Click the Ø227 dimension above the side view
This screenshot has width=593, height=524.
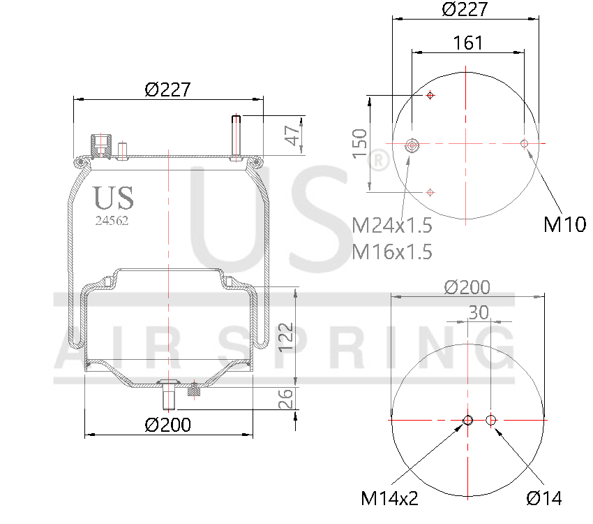coord(167,89)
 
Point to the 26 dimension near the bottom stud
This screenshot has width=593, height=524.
coord(285,399)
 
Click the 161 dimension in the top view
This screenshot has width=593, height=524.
coord(467,43)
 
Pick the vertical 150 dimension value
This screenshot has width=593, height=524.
coord(359,143)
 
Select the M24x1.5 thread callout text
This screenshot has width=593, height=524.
coord(392,226)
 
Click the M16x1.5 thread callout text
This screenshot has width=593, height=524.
coord(392,251)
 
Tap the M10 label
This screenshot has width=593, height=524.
coord(564,224)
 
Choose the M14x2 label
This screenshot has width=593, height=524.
coord(389,498)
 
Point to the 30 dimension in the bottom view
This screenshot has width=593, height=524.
coord(478,312)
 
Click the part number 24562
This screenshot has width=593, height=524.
coord(112,219)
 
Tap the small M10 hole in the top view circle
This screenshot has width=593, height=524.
coord(524,144)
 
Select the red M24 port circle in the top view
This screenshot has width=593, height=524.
coord(412,145)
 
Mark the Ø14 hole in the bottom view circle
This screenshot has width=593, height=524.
coord(491,420)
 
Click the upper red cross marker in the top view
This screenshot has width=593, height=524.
coord(430,95)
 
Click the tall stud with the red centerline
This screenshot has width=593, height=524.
coord(237,136)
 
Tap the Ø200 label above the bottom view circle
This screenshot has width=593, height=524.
coord(467,287)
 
